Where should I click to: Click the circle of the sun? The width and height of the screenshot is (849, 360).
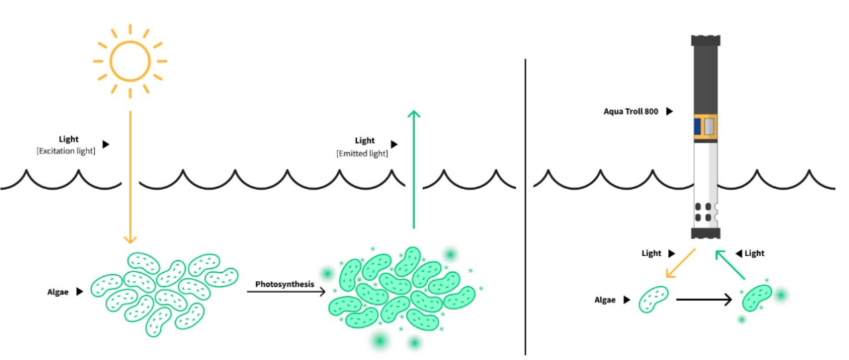coord(130,61)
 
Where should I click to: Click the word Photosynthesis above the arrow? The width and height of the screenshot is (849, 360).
coord(284,284)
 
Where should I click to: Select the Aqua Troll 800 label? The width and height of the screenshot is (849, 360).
coord(630,111)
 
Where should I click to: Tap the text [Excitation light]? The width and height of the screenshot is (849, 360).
coord(66,152)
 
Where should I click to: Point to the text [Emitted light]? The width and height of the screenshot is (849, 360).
coord(362,154)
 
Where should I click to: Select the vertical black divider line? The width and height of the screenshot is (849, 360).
coord(525,201)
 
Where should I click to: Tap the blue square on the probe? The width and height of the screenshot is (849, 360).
coord(697,125)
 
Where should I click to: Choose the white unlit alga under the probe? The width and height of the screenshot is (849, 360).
coord(653,298)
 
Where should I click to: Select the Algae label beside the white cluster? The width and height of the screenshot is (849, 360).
coord(58,292)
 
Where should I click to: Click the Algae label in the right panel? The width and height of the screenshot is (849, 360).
coord(605,300)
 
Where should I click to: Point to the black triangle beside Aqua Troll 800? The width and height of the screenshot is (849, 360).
coord(669,111)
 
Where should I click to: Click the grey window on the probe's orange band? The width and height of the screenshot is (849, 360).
coord(710,125)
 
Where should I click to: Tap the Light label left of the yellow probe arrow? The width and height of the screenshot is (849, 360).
coord(650,253)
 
